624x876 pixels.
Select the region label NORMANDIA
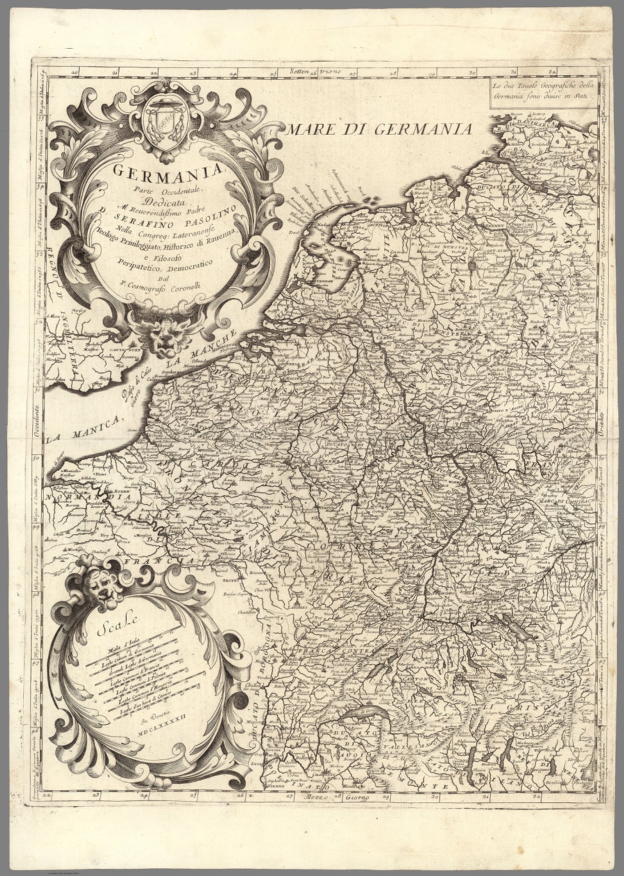[x=84, y=497]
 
